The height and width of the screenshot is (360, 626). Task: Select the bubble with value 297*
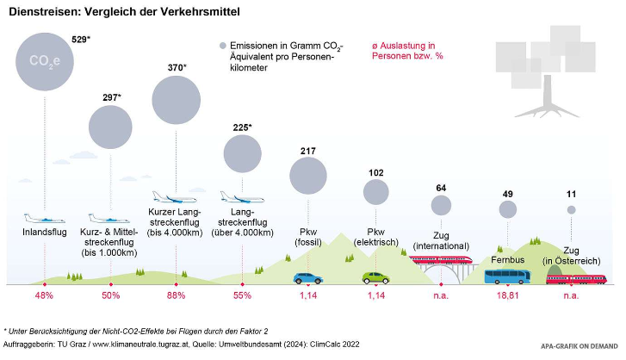[109, 128]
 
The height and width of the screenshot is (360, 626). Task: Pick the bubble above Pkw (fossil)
[308, 176]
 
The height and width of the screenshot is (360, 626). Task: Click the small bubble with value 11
[570, 209]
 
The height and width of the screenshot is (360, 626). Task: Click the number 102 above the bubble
[375, 172]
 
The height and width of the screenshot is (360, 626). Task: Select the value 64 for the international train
[441, 188]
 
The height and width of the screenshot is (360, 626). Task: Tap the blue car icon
[308, 277]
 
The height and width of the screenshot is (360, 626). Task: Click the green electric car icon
[375, 277]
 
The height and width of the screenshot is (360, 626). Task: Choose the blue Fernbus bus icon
[507, 276]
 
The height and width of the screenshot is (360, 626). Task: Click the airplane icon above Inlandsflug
[45, 218]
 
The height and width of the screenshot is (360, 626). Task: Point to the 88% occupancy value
[177, 295]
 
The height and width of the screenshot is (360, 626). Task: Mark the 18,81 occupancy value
[507, 295]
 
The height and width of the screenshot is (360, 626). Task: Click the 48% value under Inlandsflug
[45, 295]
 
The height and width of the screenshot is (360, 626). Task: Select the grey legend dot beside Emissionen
[223, 45]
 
